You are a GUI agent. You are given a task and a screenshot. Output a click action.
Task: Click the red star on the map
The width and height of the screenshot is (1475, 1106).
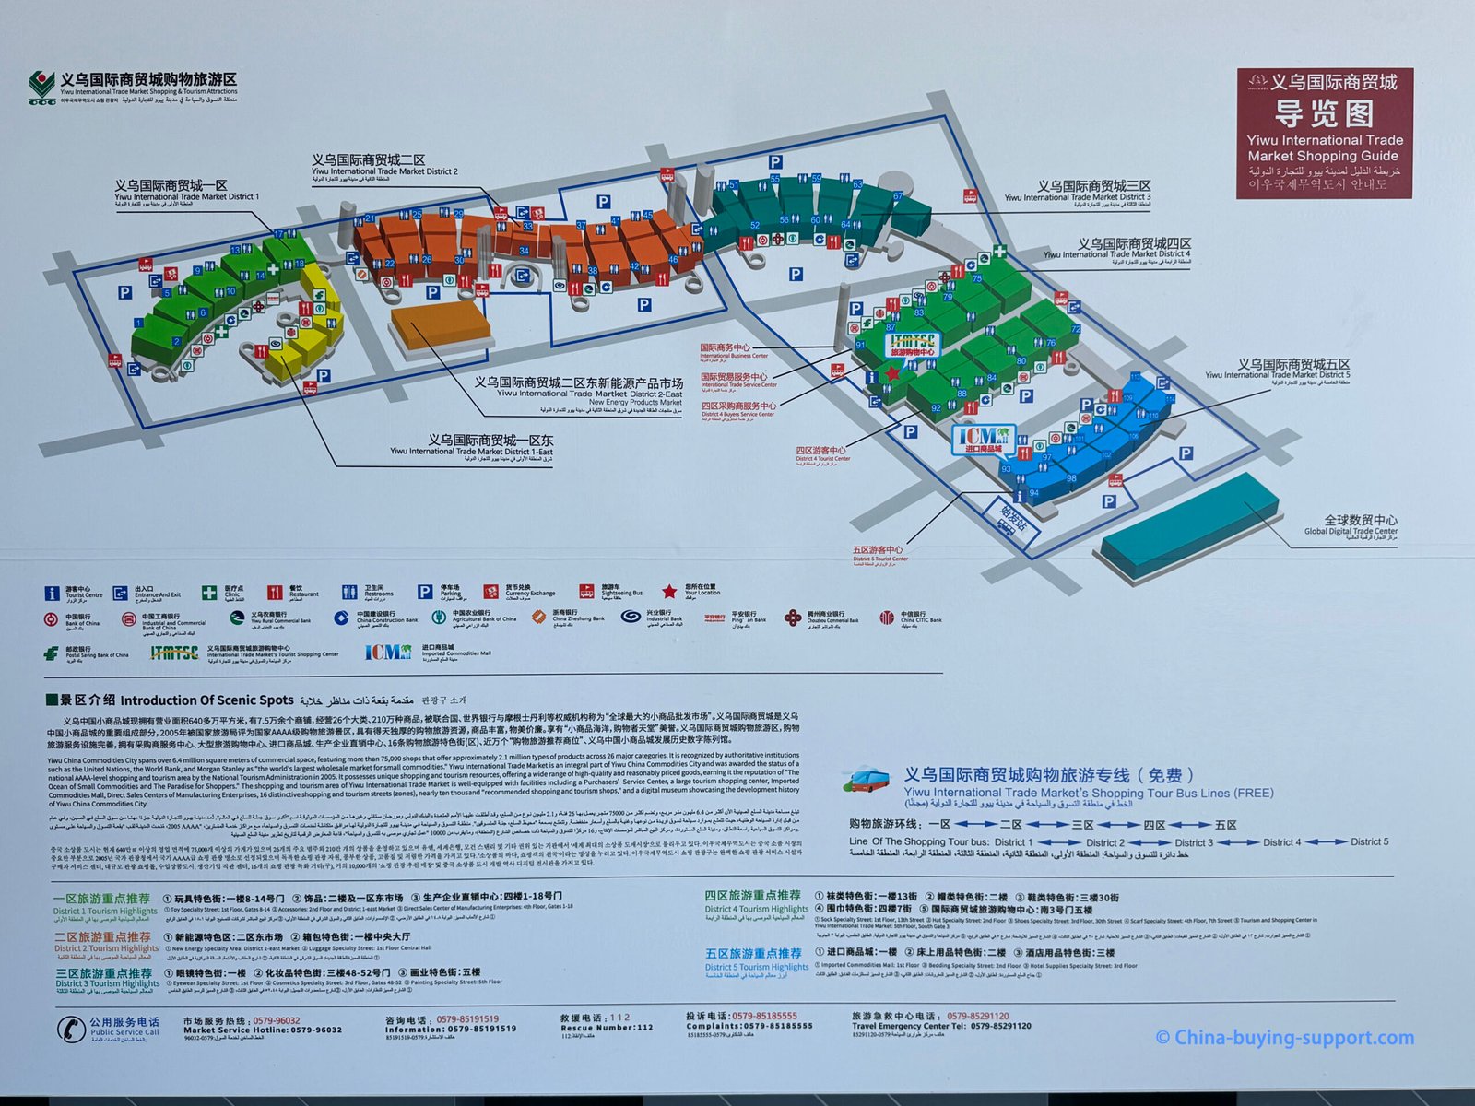[x=891, y=373]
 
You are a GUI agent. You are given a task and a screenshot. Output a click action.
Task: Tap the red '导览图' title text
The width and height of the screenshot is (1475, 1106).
[x=1324, y=114]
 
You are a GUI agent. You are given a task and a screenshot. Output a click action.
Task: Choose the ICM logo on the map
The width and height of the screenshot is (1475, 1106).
[x=983, y=439]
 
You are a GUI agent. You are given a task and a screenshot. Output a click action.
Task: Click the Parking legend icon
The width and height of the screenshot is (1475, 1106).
[x=425, y=592]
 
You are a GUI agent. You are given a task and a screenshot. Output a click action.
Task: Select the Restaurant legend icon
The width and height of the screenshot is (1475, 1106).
[x=275, y=592]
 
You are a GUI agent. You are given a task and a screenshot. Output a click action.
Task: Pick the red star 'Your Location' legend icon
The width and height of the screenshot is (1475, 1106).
[x=669, y=592]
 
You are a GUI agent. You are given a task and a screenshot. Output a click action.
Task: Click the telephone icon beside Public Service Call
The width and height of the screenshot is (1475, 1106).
[x=71, y=1028]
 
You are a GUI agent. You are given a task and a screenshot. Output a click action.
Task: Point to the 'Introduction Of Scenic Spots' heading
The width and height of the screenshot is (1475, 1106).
[x=206, y=700]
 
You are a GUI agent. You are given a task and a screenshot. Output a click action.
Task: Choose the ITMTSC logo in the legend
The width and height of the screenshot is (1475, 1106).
[x=174, y=653]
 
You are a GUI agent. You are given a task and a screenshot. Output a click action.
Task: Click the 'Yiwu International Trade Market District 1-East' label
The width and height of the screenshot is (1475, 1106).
[x=470, y=446]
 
